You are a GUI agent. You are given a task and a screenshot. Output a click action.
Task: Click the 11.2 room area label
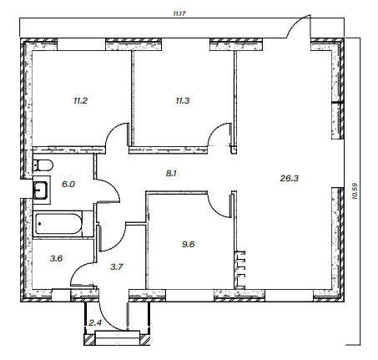click(x=81, y=100)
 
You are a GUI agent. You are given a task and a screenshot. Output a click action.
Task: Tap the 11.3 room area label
click(x=183, y=100)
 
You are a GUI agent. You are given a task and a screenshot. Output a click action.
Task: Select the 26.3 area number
click(x=290, y=178)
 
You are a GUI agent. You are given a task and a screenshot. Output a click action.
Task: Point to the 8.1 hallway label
click(x=171, y=174)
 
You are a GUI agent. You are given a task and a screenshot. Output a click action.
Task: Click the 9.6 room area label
click(x=189, y=245)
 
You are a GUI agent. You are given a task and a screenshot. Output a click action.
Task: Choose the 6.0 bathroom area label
click(x=68, y=184)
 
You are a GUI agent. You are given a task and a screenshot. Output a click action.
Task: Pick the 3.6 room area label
click(x=56, y=259)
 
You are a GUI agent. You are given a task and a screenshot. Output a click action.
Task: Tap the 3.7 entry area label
click(x=117, y=267)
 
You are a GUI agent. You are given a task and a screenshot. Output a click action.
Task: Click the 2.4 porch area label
click(x=95, y=323)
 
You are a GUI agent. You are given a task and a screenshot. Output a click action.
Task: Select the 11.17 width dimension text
click(x=179, y=13)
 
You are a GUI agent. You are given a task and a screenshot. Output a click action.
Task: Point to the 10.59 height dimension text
click(x=355, y=191)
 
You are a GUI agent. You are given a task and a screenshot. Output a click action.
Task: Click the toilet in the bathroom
click(x=43, y=165)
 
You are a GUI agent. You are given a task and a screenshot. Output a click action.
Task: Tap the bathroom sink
click(x=41, y=190)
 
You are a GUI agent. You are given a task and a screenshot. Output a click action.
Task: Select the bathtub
click(x=58, y=224)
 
